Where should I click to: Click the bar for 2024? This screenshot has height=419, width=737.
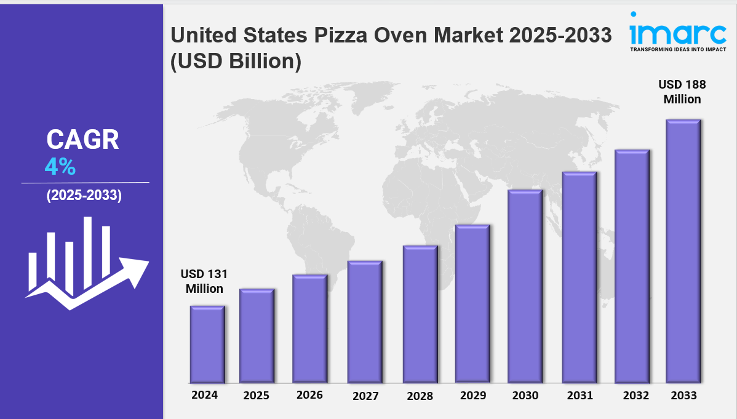[207, 345]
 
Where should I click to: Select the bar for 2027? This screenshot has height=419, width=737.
[364, 322]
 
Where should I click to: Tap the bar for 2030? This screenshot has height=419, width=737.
[525, 286]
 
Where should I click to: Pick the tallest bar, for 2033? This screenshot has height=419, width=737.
[683, 251]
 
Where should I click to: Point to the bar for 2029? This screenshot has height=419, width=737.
[472, 304]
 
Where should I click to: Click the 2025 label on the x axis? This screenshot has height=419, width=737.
[256, 396]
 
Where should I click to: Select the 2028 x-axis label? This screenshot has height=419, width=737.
[420, 396]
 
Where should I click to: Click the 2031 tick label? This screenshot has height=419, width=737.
[579, 396]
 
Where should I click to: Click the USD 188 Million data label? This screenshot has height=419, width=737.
[682, 92]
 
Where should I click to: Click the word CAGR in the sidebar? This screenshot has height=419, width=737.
[82, 140]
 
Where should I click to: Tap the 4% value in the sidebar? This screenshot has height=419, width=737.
[60, 166]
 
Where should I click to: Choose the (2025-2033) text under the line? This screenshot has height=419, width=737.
[84, 196]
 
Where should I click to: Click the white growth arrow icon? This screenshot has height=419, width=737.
[86, 263]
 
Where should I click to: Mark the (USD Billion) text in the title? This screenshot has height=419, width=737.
[236, 62]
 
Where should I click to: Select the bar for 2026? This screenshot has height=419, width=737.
[309, 329]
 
